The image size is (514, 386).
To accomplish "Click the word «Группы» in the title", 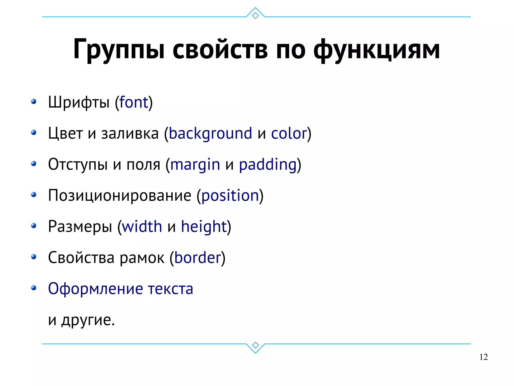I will (x=119, y=49).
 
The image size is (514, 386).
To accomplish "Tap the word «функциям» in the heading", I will (x=376, y=49).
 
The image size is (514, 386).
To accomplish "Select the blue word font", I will (x=134, y=102).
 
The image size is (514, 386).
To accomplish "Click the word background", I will (x=210, y=133).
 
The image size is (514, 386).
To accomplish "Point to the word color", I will (x=289, y=133).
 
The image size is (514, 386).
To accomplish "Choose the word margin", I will (x=195, y=165).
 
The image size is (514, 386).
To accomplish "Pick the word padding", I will (x=268, y=165).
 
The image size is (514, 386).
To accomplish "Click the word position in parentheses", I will (x=230, y=196).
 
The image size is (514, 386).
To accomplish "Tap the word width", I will (x=142, y=227).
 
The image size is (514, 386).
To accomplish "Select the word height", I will (x=204, y=227).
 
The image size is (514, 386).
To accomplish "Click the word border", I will (x=198, y=258).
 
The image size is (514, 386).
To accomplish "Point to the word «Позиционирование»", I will (x=119, y=196).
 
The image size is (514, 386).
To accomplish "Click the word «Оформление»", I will (x=95, y=289).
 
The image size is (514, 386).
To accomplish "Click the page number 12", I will (x=483, y=357).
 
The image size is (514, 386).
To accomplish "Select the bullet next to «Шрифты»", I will (x=34, y=101).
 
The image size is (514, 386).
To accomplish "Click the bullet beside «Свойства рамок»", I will (x=34, y=257).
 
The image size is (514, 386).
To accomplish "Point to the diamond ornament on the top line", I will (x=255, y=16).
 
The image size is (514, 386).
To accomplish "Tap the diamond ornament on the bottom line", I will (x=255, y=345).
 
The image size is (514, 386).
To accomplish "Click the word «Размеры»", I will (x=80, y=227).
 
